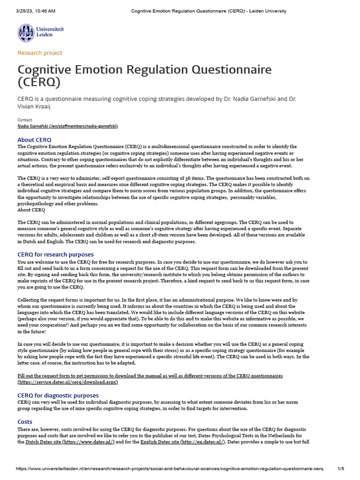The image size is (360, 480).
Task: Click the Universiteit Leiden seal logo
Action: click(26, 33)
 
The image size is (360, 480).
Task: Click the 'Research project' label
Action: click(40, 53)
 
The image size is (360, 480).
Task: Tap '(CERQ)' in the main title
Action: click(39, 82)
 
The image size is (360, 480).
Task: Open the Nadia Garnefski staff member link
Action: click(67, 126)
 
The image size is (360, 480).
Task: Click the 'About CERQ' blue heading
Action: click(34, 140)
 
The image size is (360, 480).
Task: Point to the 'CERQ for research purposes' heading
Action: click(55, 255)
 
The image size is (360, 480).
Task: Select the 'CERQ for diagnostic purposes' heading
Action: click(58, 396)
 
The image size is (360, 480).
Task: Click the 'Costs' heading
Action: click(25, 422)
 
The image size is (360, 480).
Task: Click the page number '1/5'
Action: click(341, 469)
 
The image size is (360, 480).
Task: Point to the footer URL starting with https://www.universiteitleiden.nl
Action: click(169, 469)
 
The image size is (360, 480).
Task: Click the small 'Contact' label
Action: click(25, 120)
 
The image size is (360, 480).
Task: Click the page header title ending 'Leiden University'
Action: click(209, 11)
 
